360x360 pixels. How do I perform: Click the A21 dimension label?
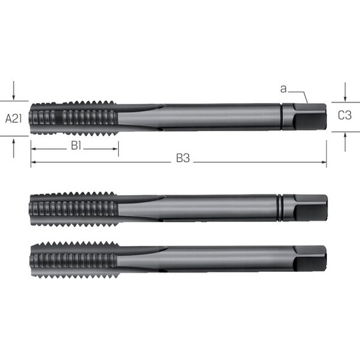point(14,119)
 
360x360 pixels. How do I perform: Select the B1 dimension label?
point(76,146)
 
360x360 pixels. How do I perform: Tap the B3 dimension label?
point(183,158)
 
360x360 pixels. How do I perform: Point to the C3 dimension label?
point(344,115)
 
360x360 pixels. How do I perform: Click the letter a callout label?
point(284,89)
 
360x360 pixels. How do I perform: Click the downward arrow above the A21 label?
point(14,91)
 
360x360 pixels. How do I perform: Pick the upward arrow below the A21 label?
point(14,148)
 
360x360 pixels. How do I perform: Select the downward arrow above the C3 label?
point(345,92)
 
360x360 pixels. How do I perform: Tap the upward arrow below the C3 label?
point(345,142)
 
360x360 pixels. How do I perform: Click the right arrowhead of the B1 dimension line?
point(115,149)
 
